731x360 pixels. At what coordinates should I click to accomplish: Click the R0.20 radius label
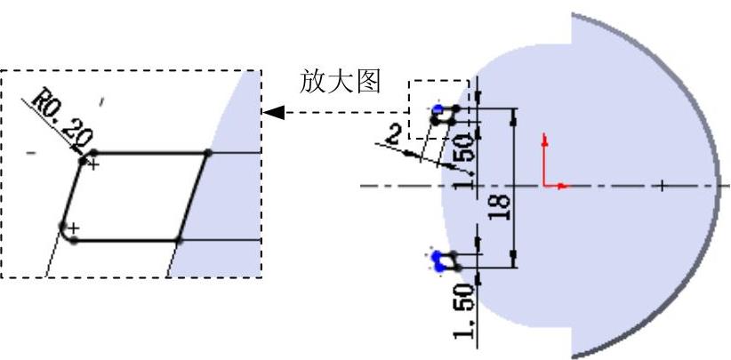[65, 116]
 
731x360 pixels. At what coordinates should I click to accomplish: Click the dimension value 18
[500, 207]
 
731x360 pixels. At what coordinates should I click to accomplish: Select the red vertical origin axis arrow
[544, 142]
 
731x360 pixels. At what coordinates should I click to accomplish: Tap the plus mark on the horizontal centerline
[663, 185]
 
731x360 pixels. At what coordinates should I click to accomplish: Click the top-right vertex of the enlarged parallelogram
[208, 153]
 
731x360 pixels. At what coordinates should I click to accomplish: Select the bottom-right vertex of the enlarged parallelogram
[179, 240]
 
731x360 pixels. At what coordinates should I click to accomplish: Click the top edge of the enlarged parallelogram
[151, 153]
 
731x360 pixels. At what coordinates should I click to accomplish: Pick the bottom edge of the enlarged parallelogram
[125, 240]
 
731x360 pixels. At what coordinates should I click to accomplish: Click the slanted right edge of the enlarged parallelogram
[194, 196]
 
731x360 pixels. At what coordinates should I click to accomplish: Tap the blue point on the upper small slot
[438, 112]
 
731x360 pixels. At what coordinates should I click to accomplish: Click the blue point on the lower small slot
[437, 260]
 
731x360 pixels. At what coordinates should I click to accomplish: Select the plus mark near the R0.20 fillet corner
[93, 164]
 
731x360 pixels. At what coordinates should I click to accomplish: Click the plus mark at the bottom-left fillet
[74, 228]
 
